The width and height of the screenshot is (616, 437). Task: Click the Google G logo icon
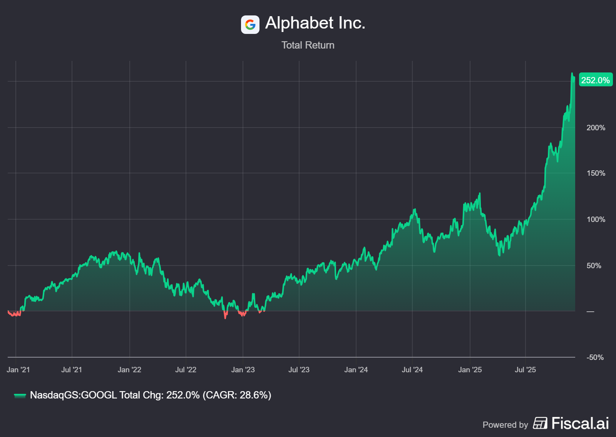tap(250, 25)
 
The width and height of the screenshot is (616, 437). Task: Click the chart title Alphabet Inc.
tap(315, 23)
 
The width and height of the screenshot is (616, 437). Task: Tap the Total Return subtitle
tap(308, 45)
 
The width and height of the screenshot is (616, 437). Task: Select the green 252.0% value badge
tap(595, 80)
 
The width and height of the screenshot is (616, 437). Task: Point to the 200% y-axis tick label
tap(596, 128)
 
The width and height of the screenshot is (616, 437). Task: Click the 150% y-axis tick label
tap(596, 173)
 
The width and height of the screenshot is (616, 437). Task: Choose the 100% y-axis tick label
tap(596, 219)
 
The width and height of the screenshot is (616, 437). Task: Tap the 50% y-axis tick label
tap(594, 266)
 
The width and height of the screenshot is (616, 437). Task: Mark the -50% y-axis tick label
tap(595, 357)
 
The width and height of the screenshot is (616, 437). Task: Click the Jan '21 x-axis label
tap(18, 370)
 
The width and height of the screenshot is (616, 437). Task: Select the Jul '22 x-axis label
tap(186, 370)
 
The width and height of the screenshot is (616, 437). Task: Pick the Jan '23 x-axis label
tap(243, 370)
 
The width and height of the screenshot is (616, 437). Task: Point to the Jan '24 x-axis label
tap(356, 370)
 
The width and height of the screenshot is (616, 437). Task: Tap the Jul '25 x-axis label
tap(525, 370)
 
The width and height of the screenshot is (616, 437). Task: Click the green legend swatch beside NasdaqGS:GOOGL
tap(20, 395)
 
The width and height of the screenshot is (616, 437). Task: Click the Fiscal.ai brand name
tap(580, 423)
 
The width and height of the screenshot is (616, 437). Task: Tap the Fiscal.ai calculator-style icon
tap(540, 423)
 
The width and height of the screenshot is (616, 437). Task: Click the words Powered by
tap(505, 425)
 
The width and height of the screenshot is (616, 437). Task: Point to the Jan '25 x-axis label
tap(470, 370)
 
